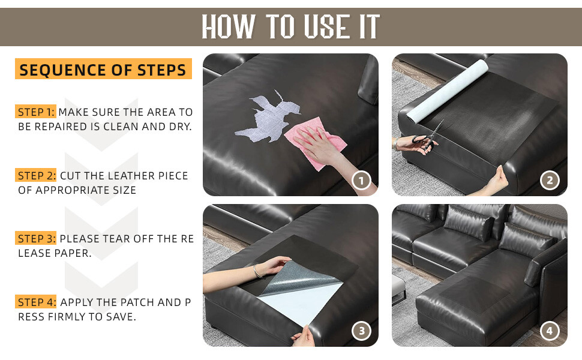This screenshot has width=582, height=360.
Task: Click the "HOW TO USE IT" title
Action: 290,26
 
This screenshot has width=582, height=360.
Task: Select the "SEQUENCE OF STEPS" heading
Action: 103,70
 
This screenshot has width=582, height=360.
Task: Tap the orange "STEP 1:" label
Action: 35,112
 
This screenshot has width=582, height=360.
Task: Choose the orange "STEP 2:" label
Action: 35,175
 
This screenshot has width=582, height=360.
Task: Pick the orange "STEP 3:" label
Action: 35,238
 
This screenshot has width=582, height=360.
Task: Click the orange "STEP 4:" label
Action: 35,302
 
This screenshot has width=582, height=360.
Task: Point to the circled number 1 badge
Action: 361,181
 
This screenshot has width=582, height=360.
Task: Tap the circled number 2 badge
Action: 550,181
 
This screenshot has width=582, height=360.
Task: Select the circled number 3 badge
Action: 361,331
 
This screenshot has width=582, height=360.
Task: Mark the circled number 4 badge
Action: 550,331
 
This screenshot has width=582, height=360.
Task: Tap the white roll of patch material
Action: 447,91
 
